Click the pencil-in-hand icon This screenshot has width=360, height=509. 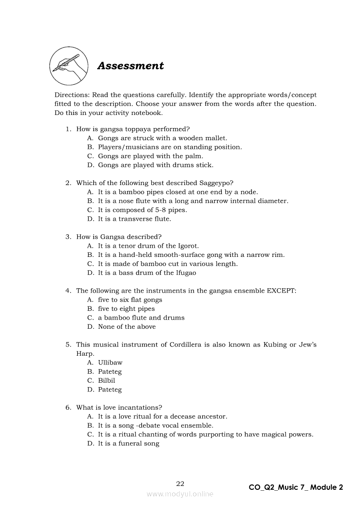[x=68, y=66]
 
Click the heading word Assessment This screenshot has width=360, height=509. [x=130, y=66]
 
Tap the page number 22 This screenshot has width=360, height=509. [x=180, y=483]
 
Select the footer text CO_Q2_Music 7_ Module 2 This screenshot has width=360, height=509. [x=295, y=487]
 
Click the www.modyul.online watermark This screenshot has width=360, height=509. [x=180, y=494]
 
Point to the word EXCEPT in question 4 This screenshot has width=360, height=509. [x=282, y=290]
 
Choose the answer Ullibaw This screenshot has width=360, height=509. [x=110, y=362]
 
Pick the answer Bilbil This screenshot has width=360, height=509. [x=106, y=380]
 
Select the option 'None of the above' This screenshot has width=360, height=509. [x=126, y=327]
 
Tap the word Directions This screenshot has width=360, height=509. [x=71, y=94]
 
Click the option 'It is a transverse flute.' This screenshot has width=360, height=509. [x=134, y=219]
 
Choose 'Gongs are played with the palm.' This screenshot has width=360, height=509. [x=150, y=156]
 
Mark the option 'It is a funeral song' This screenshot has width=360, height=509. [x=129, y=443]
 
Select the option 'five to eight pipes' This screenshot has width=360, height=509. [x=126, y=308]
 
